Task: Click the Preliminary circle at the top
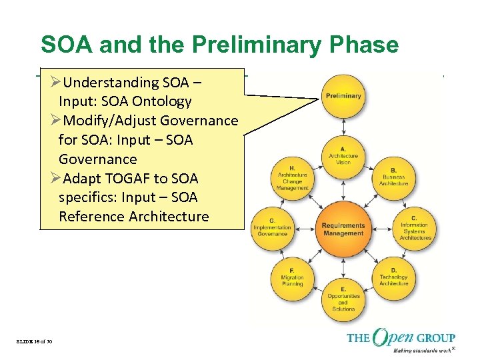pyautogui.click(x=343, y=95)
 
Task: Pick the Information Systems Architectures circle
pyautogui.click(x=415, y=227)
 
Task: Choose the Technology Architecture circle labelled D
pyautogui.click(x=393, y=279)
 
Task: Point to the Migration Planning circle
pyautogui.click(x=292, y=279)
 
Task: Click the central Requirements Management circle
pyautogui.click(x=343, y=229)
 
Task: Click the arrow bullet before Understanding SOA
pyautogui.click(x=55, y=83)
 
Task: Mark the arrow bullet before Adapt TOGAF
pyautogui.click(x=55, y=179)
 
